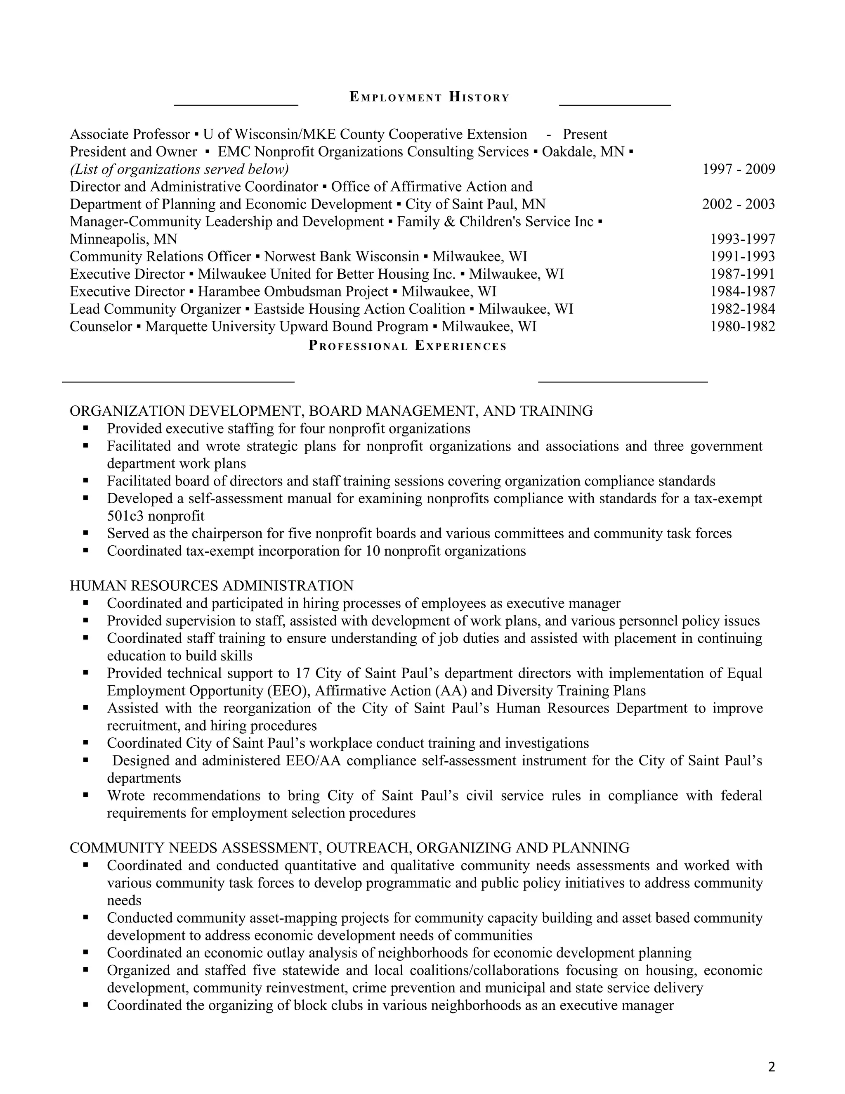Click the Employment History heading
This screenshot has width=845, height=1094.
click(x=429, y=97)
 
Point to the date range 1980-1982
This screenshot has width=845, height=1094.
click(x=742, y=327)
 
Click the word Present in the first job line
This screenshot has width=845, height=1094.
click(x=585, y=134)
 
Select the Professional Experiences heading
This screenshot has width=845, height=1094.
click(x=408, y=346)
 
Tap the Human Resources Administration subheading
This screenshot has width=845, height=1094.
click(x=211, y=585)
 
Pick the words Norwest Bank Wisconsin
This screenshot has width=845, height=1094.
click(x=341, y=256)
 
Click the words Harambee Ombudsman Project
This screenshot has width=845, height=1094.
click(x=293, y=291)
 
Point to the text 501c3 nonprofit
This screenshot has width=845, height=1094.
click(x=156, y=516)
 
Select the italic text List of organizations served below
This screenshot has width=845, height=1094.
click(x=179, y=169)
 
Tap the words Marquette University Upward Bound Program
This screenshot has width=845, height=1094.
click(x=286, y=327)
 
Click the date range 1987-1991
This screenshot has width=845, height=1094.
click(x=742, y=274)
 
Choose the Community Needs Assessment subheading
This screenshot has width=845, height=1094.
click(x=349, y=848)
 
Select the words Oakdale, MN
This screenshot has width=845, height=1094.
click(x=583, y=152)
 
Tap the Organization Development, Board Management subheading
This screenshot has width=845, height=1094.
click(x=331, y=411)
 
